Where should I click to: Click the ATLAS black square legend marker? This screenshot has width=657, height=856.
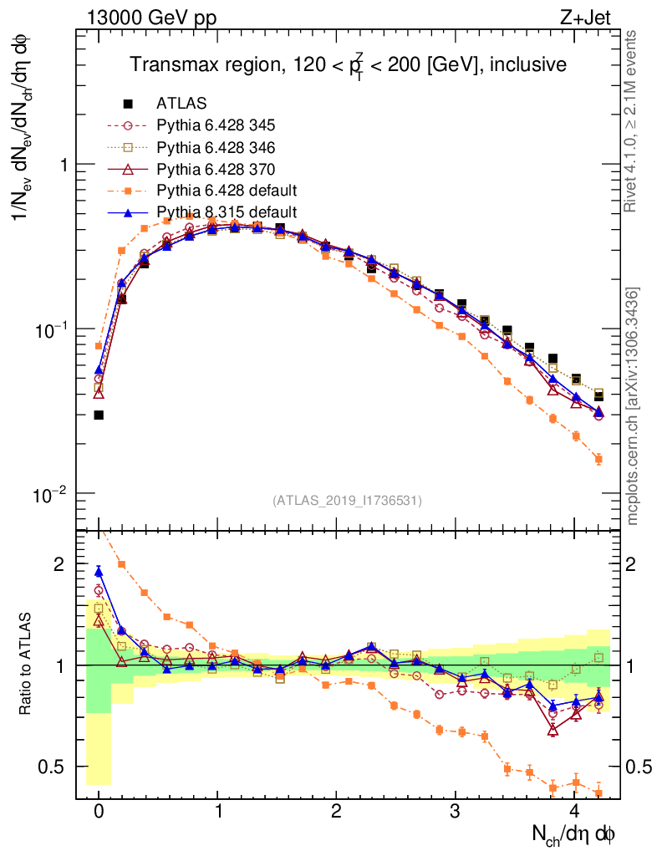click(128, 104)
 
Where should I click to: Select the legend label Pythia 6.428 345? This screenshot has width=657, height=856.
click(216, 125)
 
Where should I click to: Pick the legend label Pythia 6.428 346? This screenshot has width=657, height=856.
click(216, 147)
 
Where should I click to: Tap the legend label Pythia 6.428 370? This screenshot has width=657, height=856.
click(216, 169)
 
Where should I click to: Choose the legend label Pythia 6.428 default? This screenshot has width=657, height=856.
click(227, 191)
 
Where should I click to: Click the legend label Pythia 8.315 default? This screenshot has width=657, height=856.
click(227, 212)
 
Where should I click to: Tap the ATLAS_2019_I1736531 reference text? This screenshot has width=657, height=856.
click(347, 501)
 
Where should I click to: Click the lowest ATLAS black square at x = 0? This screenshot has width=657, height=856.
click(99, 415)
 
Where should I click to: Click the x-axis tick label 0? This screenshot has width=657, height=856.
click(99, 812)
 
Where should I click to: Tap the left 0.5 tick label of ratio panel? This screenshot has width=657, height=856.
click(54, 767)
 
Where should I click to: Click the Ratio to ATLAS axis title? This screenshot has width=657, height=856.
click(28, 664)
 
